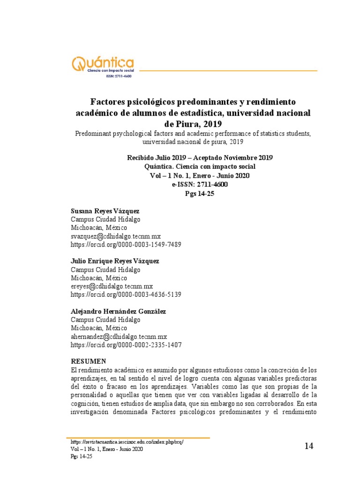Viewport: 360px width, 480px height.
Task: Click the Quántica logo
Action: (102, 64)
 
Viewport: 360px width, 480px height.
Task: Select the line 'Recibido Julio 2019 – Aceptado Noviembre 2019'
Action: (200, 158)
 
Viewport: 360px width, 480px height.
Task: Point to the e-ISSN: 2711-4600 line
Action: (200, 184)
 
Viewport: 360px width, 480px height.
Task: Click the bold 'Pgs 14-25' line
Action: (200, 193)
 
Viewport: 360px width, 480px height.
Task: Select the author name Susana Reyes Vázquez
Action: (105, 211)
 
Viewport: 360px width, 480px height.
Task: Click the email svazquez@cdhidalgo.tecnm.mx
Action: (115, 236)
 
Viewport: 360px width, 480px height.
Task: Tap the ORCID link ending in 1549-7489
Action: (126, 245)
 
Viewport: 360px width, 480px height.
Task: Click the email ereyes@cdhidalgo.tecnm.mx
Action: (112, 286)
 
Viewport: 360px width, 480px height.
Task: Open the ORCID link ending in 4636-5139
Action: (126, 295)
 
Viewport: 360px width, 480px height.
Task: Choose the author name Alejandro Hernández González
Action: (118, 311)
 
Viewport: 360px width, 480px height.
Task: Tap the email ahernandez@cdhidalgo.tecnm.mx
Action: (119, 337)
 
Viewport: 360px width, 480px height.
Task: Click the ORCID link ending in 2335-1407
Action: (126, 345)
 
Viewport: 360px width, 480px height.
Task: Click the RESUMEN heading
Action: (89, 361)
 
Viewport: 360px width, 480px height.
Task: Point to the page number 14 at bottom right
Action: (308, 446)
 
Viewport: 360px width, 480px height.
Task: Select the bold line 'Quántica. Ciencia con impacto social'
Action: (200, 167)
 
